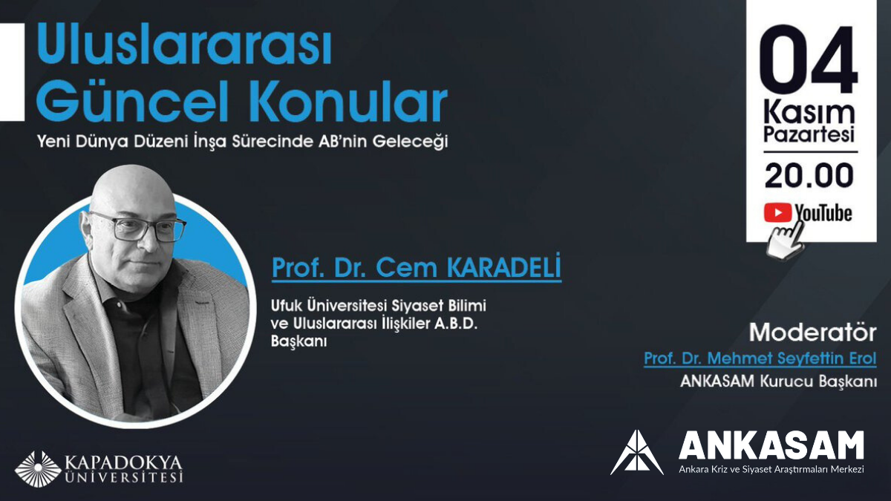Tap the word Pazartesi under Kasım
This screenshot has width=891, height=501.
pos(809,136)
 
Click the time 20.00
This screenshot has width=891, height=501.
pos(809,176)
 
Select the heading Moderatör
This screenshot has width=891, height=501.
pos(812,331)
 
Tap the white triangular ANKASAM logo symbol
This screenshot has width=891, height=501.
pos(636,452)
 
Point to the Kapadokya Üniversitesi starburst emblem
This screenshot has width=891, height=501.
pos(38,468)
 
